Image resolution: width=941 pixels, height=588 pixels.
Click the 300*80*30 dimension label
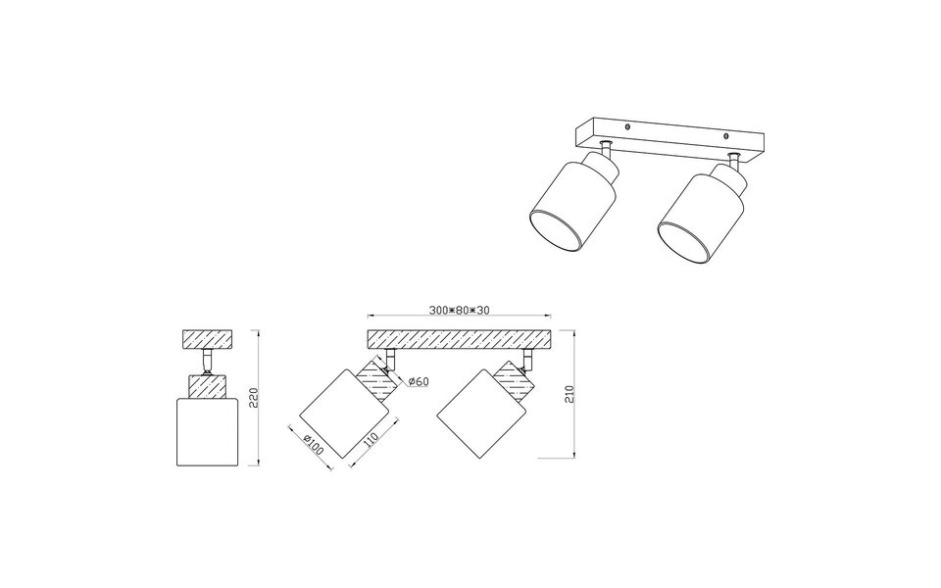(x=459, y=310)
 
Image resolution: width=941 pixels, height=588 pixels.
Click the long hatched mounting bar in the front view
(x=459, y=339)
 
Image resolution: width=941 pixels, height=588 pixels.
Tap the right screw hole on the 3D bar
(x=724, y=136)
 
